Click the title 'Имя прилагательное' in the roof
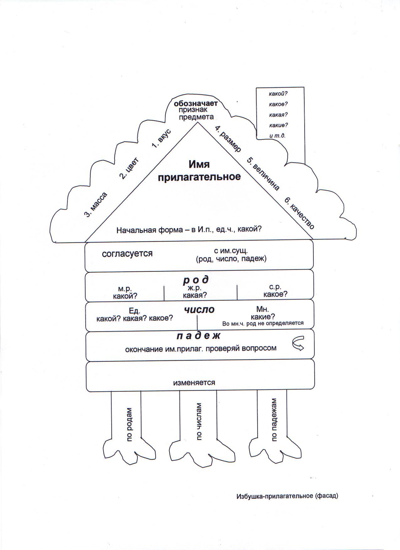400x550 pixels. tap(199, 170)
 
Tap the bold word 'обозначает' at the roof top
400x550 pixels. tap(196, 103)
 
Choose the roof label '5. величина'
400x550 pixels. tap(263, 174)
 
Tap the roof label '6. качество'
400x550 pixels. tap(299, 213)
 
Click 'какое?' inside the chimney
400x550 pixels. tap(278, 104)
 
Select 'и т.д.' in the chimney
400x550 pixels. tap(277, 136)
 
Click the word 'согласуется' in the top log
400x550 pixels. tap(127, 254)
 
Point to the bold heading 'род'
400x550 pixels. tap(196, 280)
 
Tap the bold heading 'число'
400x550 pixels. tap(199, 310)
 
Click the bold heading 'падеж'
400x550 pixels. tap(199, 336)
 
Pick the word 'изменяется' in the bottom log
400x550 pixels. tap(194, 383)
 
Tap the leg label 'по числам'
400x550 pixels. tap(199, 422)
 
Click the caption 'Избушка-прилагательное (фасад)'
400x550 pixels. tap(287, 496)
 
